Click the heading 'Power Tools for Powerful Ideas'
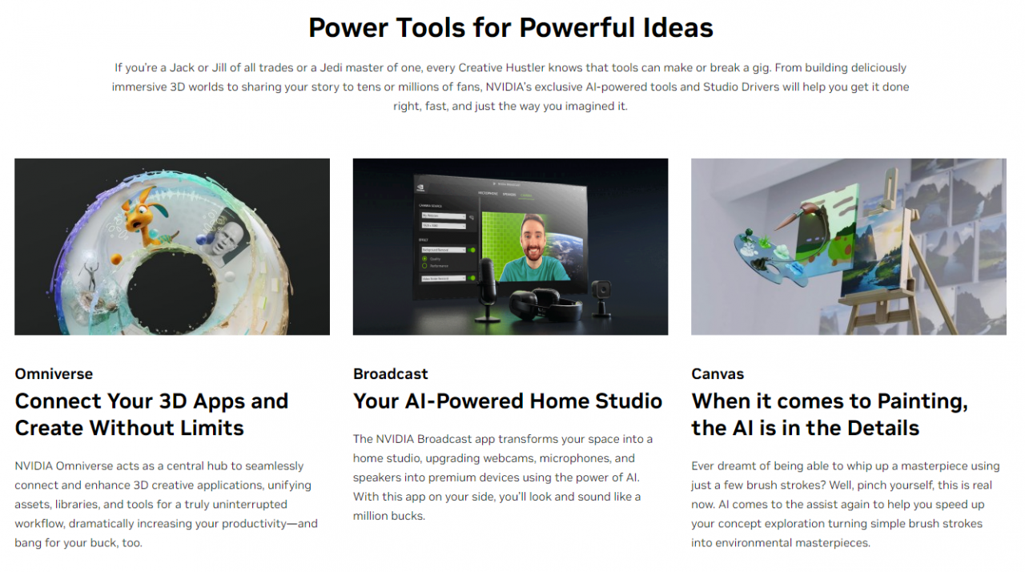pos(511,27)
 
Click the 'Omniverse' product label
pos(54,374)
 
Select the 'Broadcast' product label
pos(390,374)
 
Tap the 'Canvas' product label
pos(717,374)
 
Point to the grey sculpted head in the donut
pos(227,237)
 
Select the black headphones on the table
pos(545,305)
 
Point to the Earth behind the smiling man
pos(566,250)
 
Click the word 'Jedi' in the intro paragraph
pos(332,68)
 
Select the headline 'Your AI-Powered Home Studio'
pos(508,401)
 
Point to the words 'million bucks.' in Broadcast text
pos(389,516)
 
